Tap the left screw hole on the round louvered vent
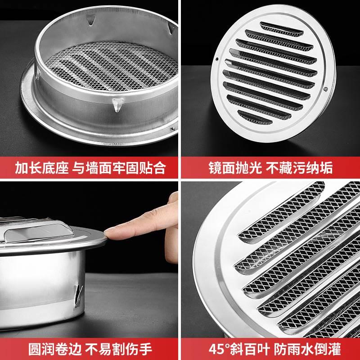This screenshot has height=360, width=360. tap(217, 58)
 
